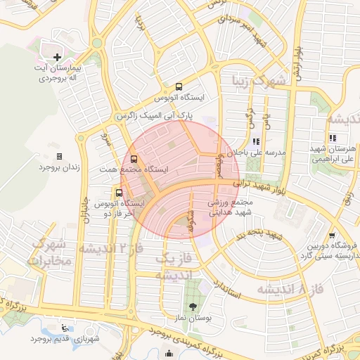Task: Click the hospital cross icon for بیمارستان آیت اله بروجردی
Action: [57, 56]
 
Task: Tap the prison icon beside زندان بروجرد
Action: [59, 156]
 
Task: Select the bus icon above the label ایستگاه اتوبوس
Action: [179, 86]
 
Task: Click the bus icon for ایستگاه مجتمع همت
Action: [134, 158]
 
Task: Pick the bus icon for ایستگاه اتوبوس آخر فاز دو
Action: [117, 192]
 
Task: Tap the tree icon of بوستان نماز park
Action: [193, 306]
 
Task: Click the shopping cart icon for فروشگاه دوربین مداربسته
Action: [331, 236]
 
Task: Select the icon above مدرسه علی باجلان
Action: [265, 140]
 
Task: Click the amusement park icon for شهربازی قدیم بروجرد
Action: [65, 328]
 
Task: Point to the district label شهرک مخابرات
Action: [47, 253]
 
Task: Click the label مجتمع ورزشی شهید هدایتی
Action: [230, 206]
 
